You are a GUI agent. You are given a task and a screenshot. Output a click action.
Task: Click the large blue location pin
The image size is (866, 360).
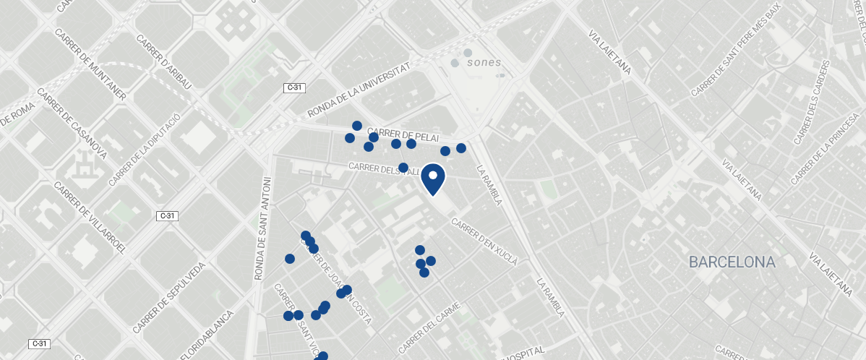click(x=432, y=179)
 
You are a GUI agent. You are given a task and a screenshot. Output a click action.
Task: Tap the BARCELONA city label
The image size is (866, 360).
click(x=732, y=262)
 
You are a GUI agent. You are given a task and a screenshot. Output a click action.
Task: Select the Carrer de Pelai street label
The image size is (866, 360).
click(x=408, y=134)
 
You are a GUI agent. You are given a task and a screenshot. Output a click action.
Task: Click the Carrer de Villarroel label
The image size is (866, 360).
click(x=90, y=216)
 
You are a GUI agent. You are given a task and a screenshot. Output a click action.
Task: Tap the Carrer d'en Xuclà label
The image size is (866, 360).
click(x=484, y=241)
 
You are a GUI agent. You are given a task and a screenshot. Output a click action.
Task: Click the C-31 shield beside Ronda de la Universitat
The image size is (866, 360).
click(x=295, y=87)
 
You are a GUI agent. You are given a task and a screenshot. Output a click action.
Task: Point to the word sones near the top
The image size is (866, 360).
click(x=484, y=62)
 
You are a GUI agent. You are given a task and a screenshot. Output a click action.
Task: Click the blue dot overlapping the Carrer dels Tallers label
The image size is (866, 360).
click(x=403, y=168)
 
